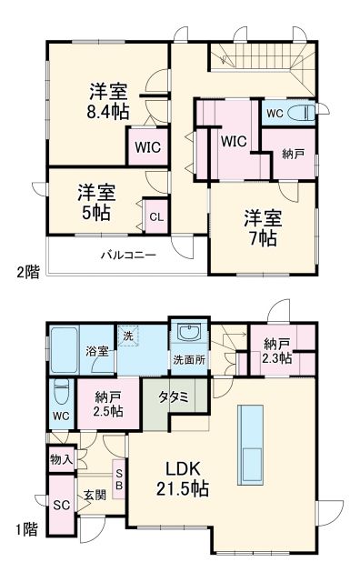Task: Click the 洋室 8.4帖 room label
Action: (107, 102)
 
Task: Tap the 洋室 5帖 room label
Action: (94, 202)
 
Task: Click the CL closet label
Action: (155, 216)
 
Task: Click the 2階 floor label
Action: (26, 271)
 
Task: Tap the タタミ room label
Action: (173, 397)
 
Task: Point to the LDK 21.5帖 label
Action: (188, 478)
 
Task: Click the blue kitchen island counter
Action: (252, 436)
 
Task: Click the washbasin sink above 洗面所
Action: (187, 331)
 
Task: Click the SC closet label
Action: (61, 506)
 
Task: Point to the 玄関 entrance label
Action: (95, 496)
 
